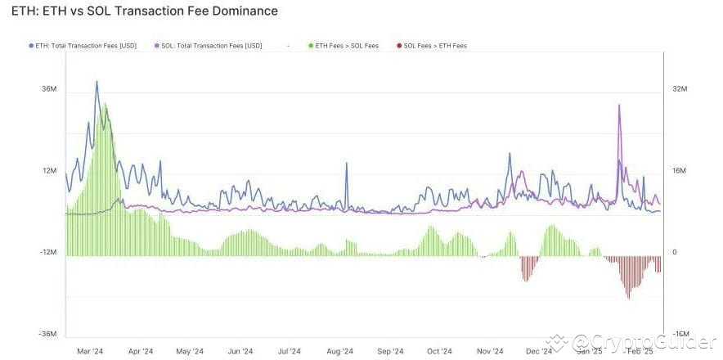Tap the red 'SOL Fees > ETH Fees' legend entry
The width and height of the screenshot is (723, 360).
pyautogui.click(x=434, y=46)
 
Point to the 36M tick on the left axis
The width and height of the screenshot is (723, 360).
pyautogui.click(x=48, y=88)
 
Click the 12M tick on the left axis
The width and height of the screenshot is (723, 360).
pyautogui.click(x=48, y=170)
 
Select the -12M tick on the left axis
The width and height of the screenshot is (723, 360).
pyautogui.click(x=47, y=252)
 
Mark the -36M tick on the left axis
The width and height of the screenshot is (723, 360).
pyautogui.click(x=47, y=334)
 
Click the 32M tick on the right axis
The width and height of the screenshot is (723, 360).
pyautogui.click(x=679, y=88)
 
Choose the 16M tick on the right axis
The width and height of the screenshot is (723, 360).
pyautogui.click(x=679, y=170)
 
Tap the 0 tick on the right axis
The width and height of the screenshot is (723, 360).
pyautogui.click(x=675, y=252)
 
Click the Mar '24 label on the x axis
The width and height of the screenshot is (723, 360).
pyautogui.click(x=90, y=351)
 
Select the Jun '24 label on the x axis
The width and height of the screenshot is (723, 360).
pyautogui.click(x=240, y=351)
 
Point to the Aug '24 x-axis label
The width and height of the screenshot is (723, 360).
pyautogui.click(x=339, y=351)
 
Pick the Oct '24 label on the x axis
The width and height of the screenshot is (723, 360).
pyautogui.click(x=439, y=351)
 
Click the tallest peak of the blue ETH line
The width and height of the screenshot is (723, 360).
pyautogui.click(x=97, y=82)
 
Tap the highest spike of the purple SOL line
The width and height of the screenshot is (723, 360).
pyautogui.click(x=619, y=106)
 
